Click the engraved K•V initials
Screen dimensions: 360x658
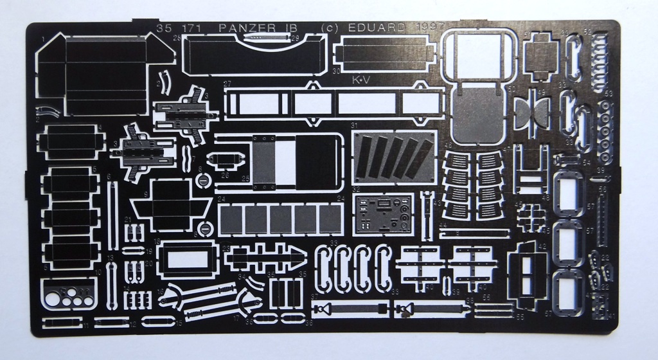(x=362, y=80)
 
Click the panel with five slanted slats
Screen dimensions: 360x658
(x=393, y=158)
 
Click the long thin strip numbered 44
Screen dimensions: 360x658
(x=472, y=233)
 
